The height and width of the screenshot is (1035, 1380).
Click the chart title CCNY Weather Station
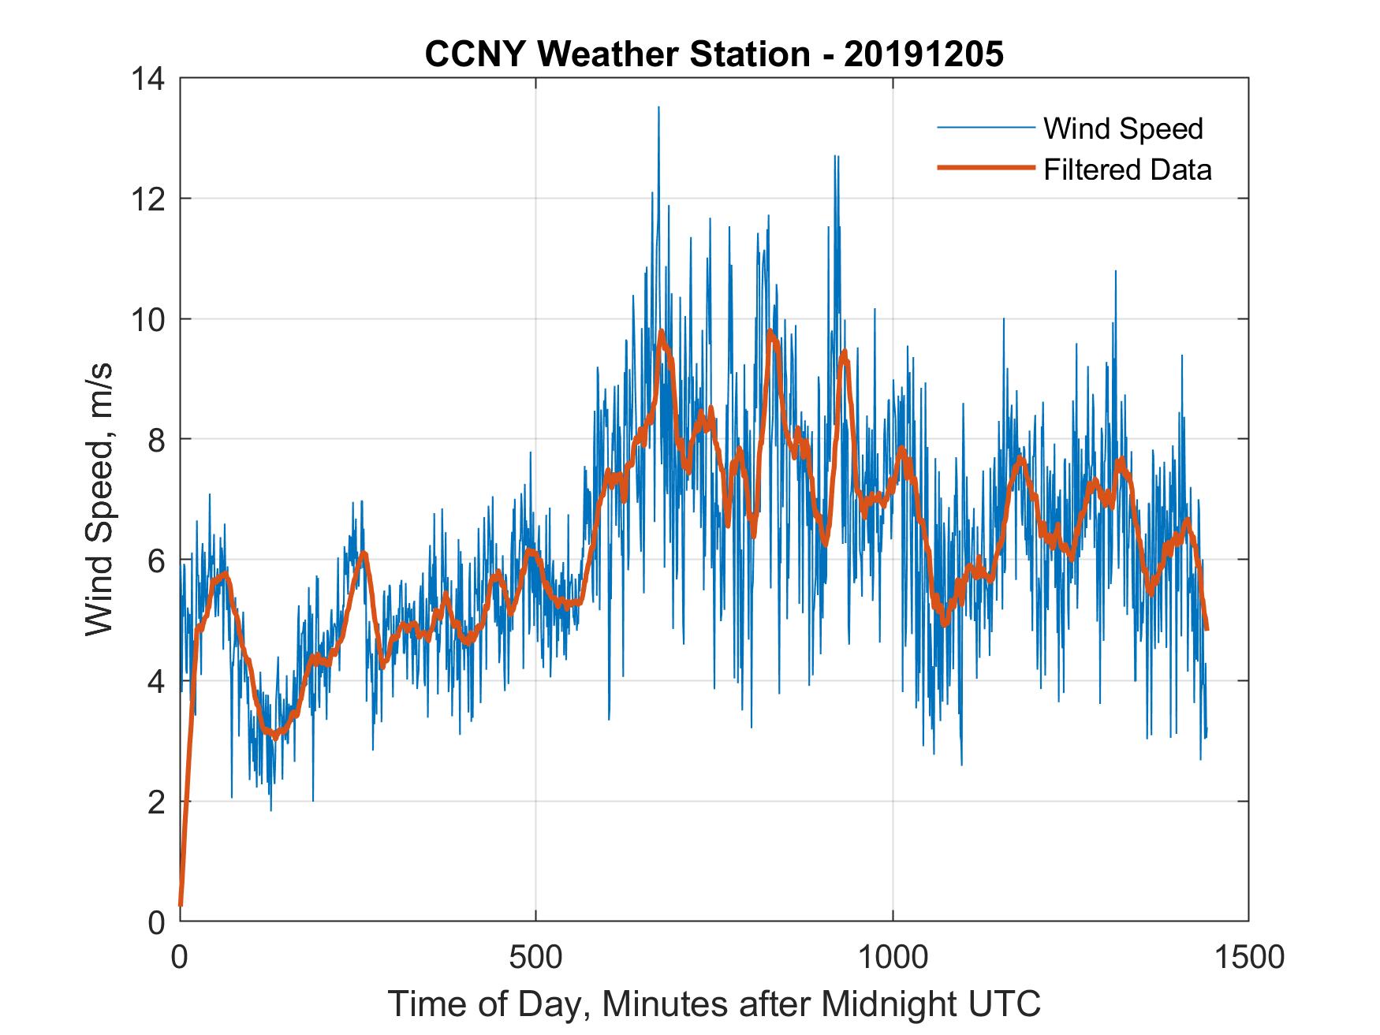tap(617, 54)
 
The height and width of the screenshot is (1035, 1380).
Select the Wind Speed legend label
tap(1123, 128)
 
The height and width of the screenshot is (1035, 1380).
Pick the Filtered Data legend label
tap(1128, 169)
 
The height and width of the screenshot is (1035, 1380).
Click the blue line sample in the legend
tap(985, 128)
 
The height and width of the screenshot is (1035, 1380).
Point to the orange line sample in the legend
tap(985, 168)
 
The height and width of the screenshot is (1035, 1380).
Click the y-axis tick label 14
tap(149, 79)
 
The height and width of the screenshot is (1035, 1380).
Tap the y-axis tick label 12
tap(149, 199)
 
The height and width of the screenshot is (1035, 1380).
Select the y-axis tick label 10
tap(149, 320)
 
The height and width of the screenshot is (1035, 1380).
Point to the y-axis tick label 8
tap(156, 440)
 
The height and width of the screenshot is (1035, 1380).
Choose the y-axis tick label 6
tap(156, 560)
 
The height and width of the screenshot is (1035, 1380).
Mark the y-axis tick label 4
tap(156, 681)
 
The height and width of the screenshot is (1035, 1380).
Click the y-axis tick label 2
tap(156, 802)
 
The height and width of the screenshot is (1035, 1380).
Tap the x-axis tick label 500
tap(536, 957)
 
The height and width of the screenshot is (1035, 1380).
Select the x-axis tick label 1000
tap(893, 957)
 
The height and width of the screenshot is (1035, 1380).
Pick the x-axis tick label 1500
tap(1248, 957)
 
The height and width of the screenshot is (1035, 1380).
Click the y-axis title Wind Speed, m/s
tap(100, 499)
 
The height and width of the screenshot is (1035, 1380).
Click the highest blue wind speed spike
tap(658, 109)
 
